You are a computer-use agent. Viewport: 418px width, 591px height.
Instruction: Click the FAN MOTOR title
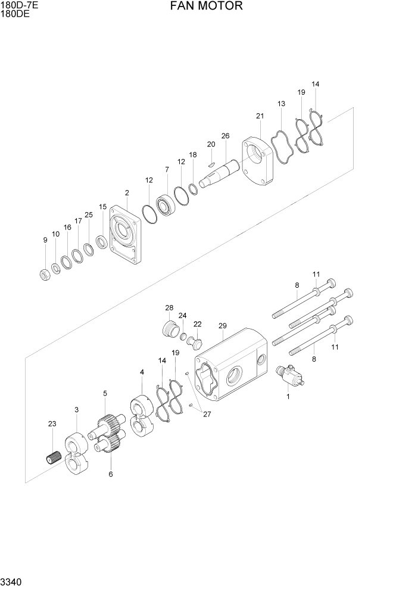(206, 7)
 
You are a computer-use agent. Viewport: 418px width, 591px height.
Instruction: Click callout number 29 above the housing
(223, 326)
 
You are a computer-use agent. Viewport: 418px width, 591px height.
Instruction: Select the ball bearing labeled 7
(166, 206)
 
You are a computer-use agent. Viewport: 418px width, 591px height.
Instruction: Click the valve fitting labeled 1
(289, 377)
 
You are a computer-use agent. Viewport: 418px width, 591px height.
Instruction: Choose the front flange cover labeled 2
(126, 235)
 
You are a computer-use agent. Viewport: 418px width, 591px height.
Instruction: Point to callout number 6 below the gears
(111, 475)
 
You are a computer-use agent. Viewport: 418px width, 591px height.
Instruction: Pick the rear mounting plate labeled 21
(257, 163)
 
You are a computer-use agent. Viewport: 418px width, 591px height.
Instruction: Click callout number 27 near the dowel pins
(207, 415)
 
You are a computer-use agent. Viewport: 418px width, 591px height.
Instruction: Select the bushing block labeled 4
(142, 416)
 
